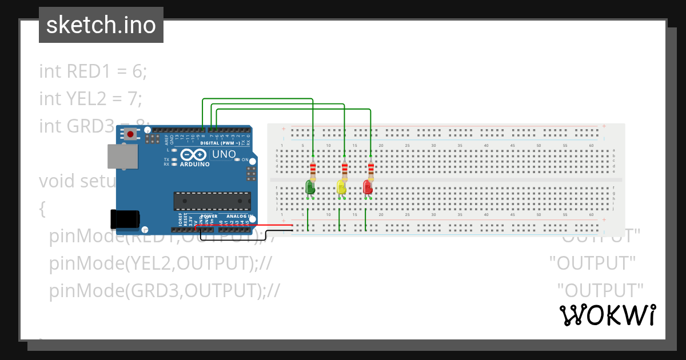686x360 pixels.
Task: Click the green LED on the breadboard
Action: pos(310,187)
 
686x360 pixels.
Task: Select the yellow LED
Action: pos(341,187)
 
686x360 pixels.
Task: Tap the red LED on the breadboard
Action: pos(368,187)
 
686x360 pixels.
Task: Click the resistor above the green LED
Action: pos(313,170)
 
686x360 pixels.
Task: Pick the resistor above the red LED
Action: pos(371,170)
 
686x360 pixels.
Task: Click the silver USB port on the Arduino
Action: pos(123,157)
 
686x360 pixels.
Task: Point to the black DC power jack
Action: pos(125,220)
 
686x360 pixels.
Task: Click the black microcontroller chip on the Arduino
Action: pos(212,201)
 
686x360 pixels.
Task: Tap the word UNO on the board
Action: pos(224,154)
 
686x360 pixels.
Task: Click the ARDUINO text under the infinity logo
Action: pos(195,164)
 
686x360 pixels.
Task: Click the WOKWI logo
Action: pos(608,315)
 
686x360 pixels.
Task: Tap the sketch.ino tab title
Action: pos(101,25)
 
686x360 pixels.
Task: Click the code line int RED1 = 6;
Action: pos(93,71)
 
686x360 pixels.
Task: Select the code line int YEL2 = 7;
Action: pos(90,99)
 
